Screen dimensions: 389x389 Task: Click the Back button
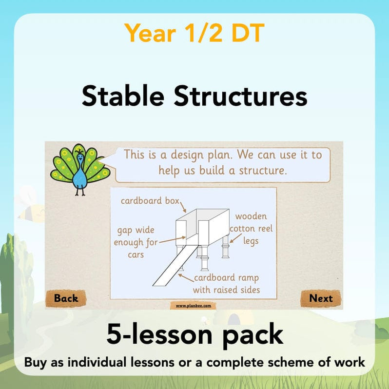click(x=66, y=298)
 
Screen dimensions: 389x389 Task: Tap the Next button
click(x=320, y=298)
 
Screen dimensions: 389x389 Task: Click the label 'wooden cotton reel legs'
click(x=251, y=228)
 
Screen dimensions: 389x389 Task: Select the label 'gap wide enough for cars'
click(x=136, y=242)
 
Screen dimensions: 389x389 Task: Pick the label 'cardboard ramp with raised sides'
click(x=226, y=284)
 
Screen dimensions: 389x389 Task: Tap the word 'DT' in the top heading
click(x=242, y=33)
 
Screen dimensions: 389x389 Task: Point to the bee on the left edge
click(x=28, y=207)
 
